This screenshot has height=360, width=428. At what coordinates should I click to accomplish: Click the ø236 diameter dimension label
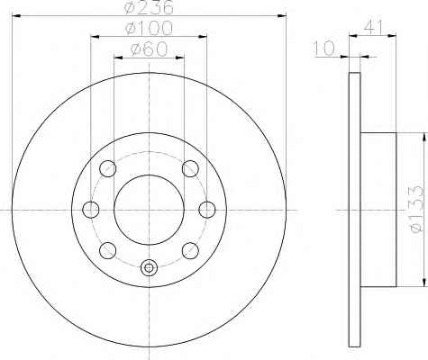click(x=149, y=7)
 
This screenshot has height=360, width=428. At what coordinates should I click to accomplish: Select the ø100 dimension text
click(x=149, y=28)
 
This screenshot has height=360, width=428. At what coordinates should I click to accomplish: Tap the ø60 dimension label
click(x=149, y=49)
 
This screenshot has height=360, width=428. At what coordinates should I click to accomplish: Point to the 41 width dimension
click(x=373, y=27)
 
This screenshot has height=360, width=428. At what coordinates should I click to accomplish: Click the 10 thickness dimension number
click(x=323, y=49)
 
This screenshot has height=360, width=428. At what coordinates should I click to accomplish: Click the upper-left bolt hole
click(x=108, y=168)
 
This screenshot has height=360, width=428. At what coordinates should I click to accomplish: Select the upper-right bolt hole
click(x=190, y=168)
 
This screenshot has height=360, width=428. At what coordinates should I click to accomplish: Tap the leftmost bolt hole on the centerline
click(x=91, y=210)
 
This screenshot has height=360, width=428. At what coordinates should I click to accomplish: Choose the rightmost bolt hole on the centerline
click(x=207, y=210)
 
